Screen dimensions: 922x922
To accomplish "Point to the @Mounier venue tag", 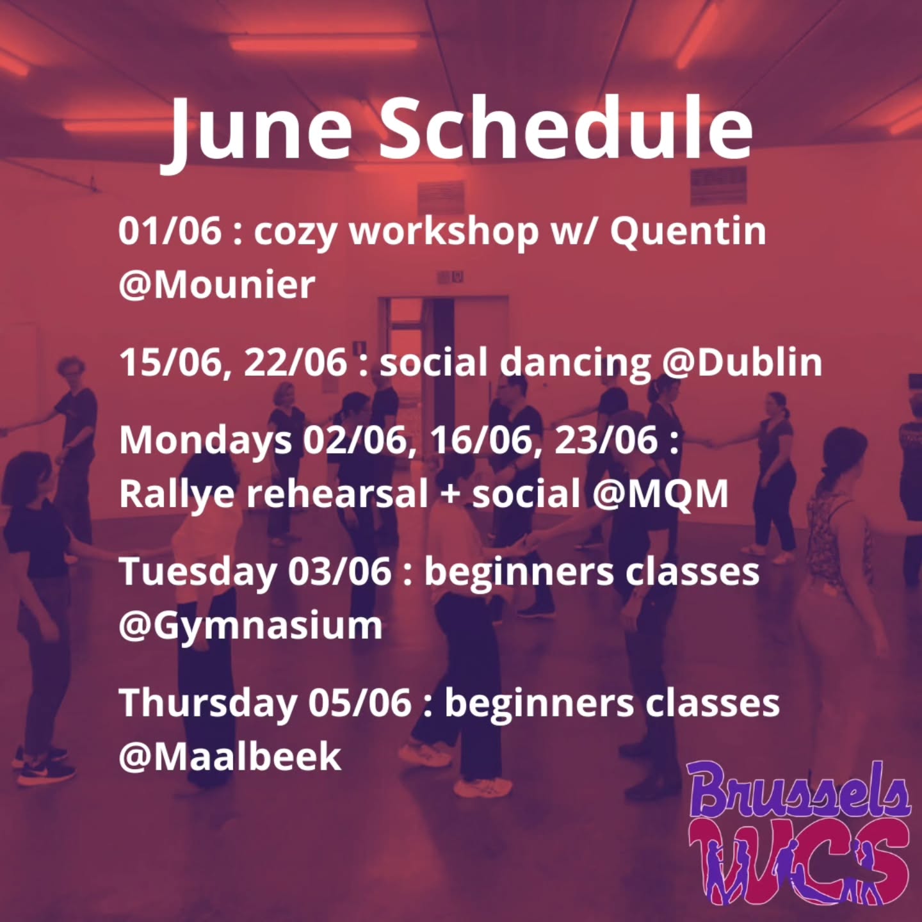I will pos(216,284).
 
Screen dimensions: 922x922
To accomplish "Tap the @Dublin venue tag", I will pos(742,362).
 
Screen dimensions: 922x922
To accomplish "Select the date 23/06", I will pos(606,441).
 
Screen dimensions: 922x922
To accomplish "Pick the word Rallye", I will pos(176,495).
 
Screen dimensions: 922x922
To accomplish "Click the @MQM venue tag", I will pos(660,494).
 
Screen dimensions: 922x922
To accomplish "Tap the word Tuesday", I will pos(197,572).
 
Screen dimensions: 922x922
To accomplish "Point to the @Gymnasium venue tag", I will pos(250,626).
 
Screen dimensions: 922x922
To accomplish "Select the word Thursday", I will pos(207,703).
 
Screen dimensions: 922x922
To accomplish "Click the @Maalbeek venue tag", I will pos(230,756).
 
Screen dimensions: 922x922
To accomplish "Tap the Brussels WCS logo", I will pos(800,832).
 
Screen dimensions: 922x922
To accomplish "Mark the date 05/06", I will pos(359,702).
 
